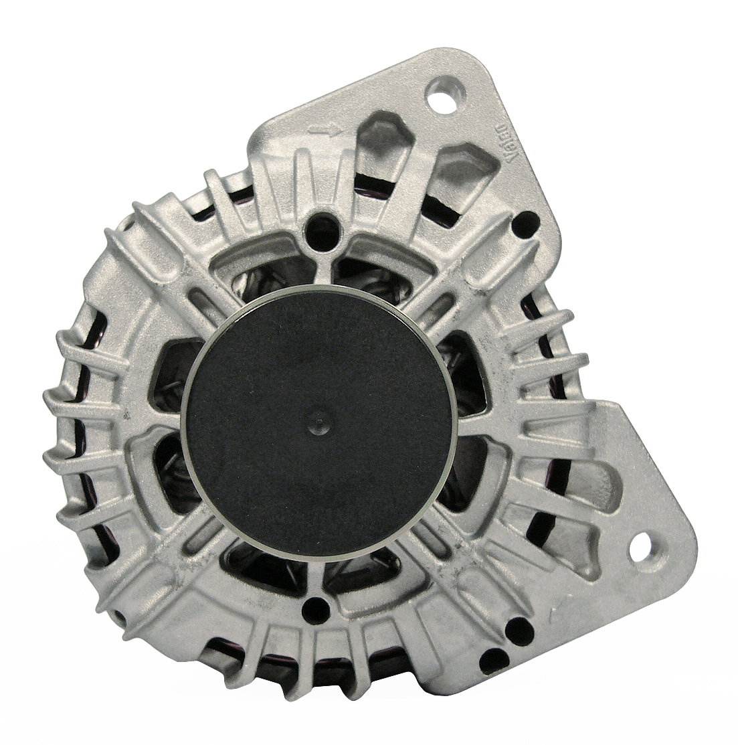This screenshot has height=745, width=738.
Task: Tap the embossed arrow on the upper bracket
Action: (325, 129)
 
